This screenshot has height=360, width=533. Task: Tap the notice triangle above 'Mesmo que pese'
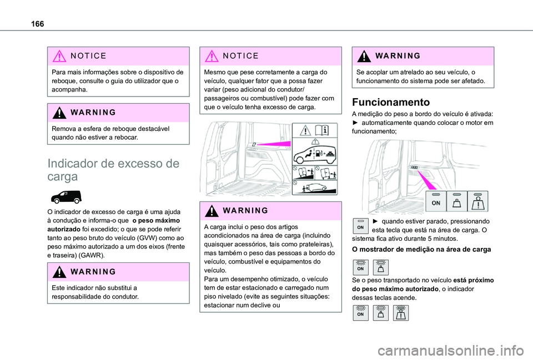click(x=209, y=56)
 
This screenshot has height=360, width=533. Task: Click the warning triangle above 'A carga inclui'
click(x=209, y=210)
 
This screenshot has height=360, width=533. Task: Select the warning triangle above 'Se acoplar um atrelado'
click(x=361, y=56)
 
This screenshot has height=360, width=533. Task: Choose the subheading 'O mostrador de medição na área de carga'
click(x=421, y=250)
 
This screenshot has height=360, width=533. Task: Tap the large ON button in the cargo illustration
click(x=436, y=201)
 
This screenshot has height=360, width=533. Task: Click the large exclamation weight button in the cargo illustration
click(x=478, y=201)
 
